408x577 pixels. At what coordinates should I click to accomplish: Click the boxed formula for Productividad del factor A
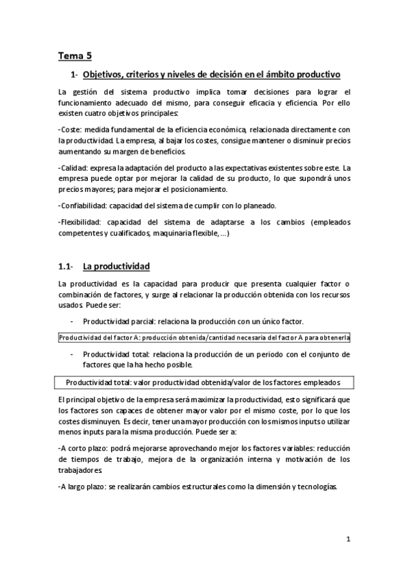[204, 337]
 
